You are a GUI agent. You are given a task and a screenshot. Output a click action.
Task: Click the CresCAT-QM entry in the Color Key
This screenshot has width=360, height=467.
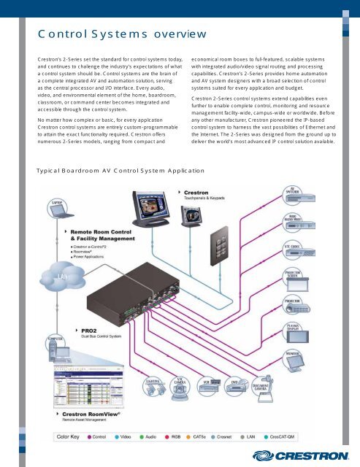(x=321, y=438)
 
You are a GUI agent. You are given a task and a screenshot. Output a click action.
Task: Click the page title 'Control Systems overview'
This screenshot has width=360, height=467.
(x=122, y=34)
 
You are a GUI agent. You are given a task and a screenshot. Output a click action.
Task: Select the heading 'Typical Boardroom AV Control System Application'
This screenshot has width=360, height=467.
(x=120, y=170)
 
